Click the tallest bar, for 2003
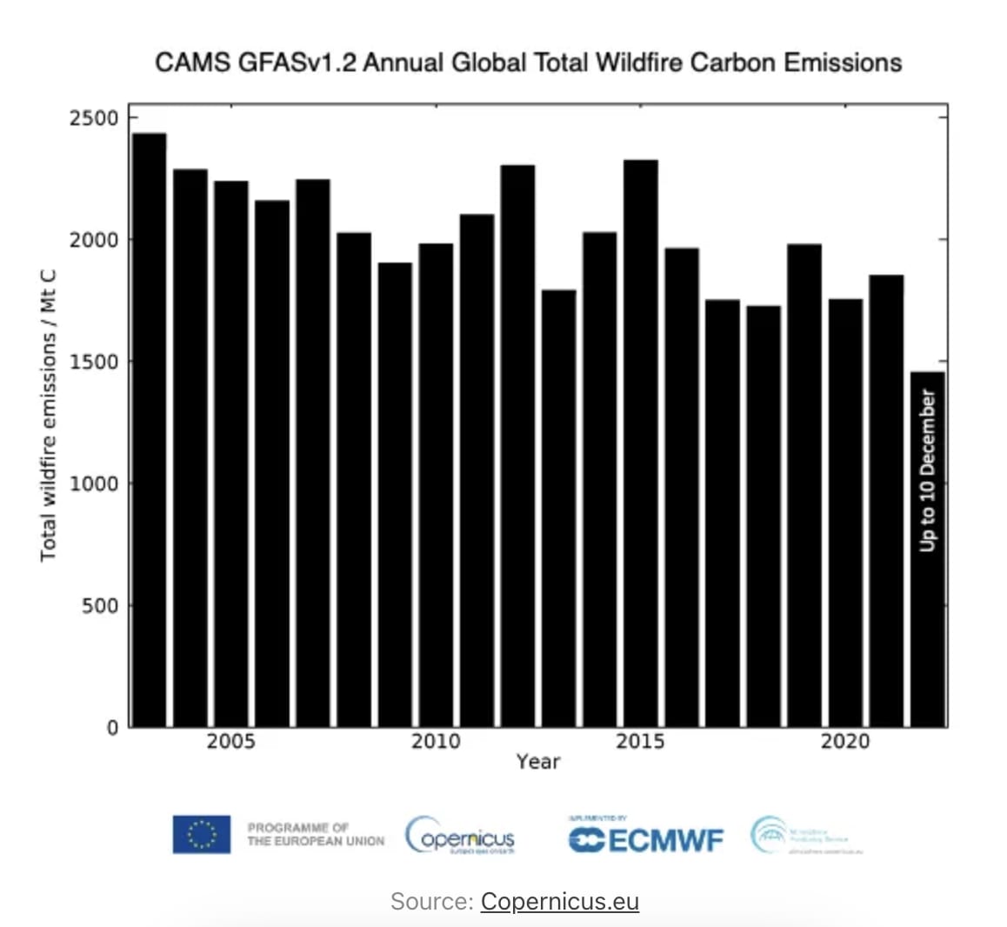point(149,430)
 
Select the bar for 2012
point(517,446)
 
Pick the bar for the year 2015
point(641,443)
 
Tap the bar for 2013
point(558,509)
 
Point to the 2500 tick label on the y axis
point(93,117)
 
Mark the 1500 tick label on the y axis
point(93,362)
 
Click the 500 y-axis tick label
point(99,605)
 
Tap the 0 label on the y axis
point(112,727)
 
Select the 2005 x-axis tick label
point(230,741)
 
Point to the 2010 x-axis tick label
point(436,741)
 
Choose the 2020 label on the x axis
point(845,741)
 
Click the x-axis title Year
point(537,762)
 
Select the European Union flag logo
point(201,834)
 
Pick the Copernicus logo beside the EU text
point(460,837)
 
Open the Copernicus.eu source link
point(559,901)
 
